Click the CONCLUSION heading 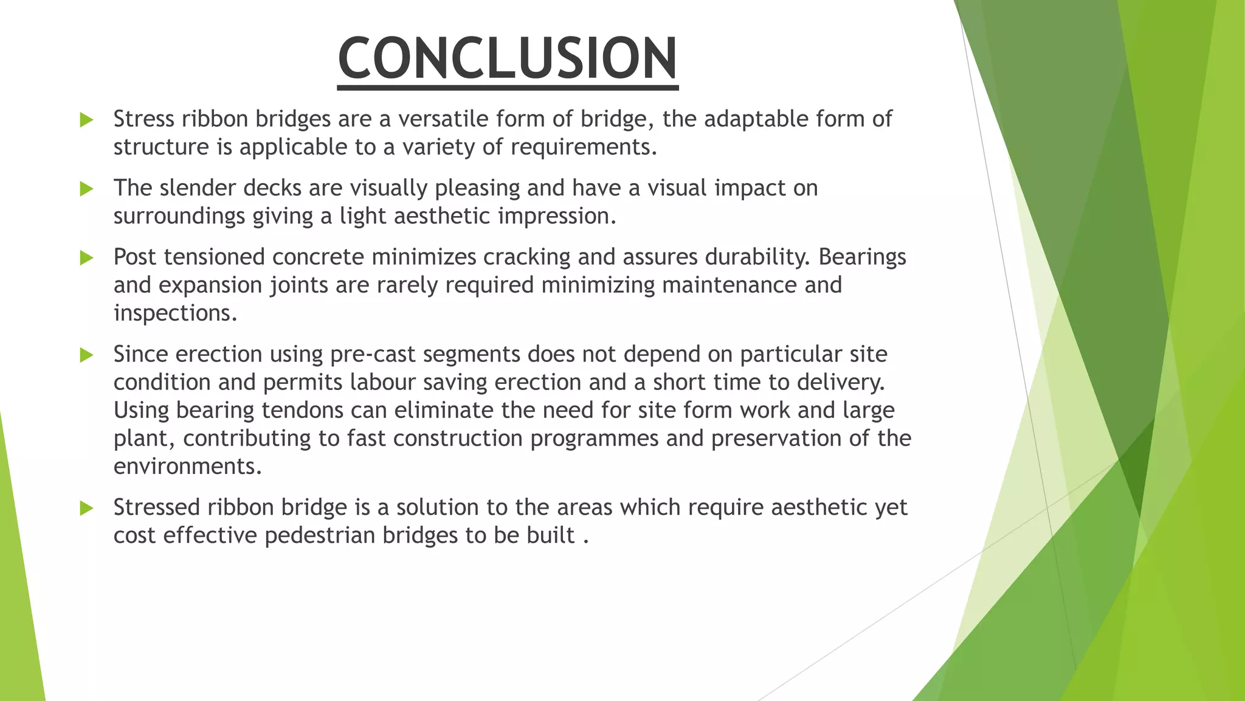pos(508,58)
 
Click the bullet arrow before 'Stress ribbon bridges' pos(86,120)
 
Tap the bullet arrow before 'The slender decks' pos(86,189)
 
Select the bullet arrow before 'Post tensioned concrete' pos(86,258)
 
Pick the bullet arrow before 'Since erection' pos(86,355)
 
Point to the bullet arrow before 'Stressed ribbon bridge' pos(86,508)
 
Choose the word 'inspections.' pos(175,313)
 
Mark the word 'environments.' pos(187,466)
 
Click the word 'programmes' pos(594,439)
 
